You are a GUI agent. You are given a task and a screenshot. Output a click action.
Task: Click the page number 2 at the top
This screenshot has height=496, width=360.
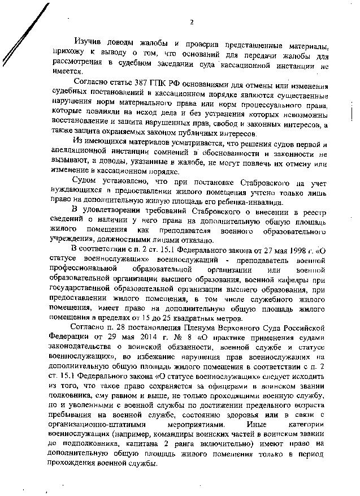(192, 22)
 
